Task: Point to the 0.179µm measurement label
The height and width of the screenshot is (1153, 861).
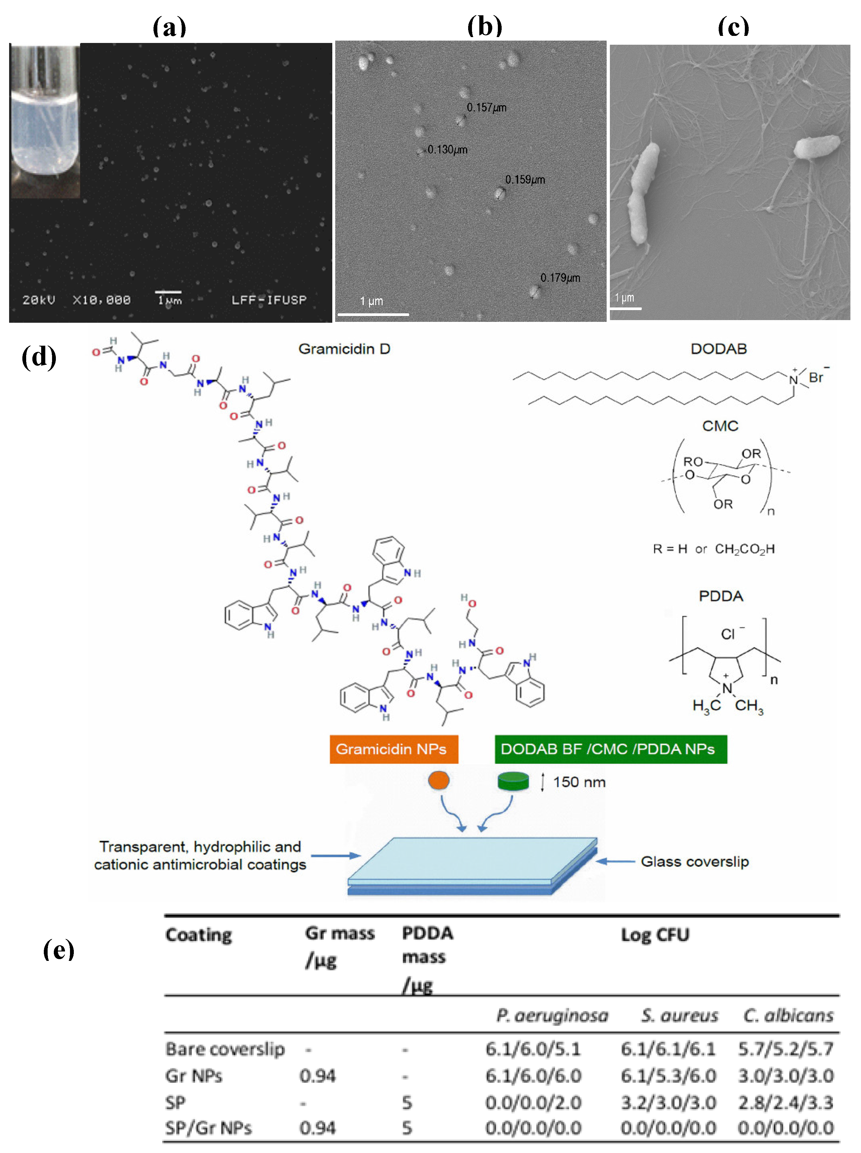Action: point(560,278)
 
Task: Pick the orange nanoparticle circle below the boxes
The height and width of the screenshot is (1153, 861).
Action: point(438,780)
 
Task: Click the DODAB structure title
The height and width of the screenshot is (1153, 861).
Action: point(718,349)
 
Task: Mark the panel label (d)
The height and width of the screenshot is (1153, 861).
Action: point(39,357)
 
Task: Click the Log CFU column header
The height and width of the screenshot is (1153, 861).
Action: point(655,935)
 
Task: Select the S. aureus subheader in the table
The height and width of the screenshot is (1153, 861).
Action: point(679,1015)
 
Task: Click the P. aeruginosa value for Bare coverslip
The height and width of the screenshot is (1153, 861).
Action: point(533,1049)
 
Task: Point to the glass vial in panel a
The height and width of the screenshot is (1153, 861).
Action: point(45,120)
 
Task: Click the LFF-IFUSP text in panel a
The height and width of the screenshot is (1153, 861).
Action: point(269,300)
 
